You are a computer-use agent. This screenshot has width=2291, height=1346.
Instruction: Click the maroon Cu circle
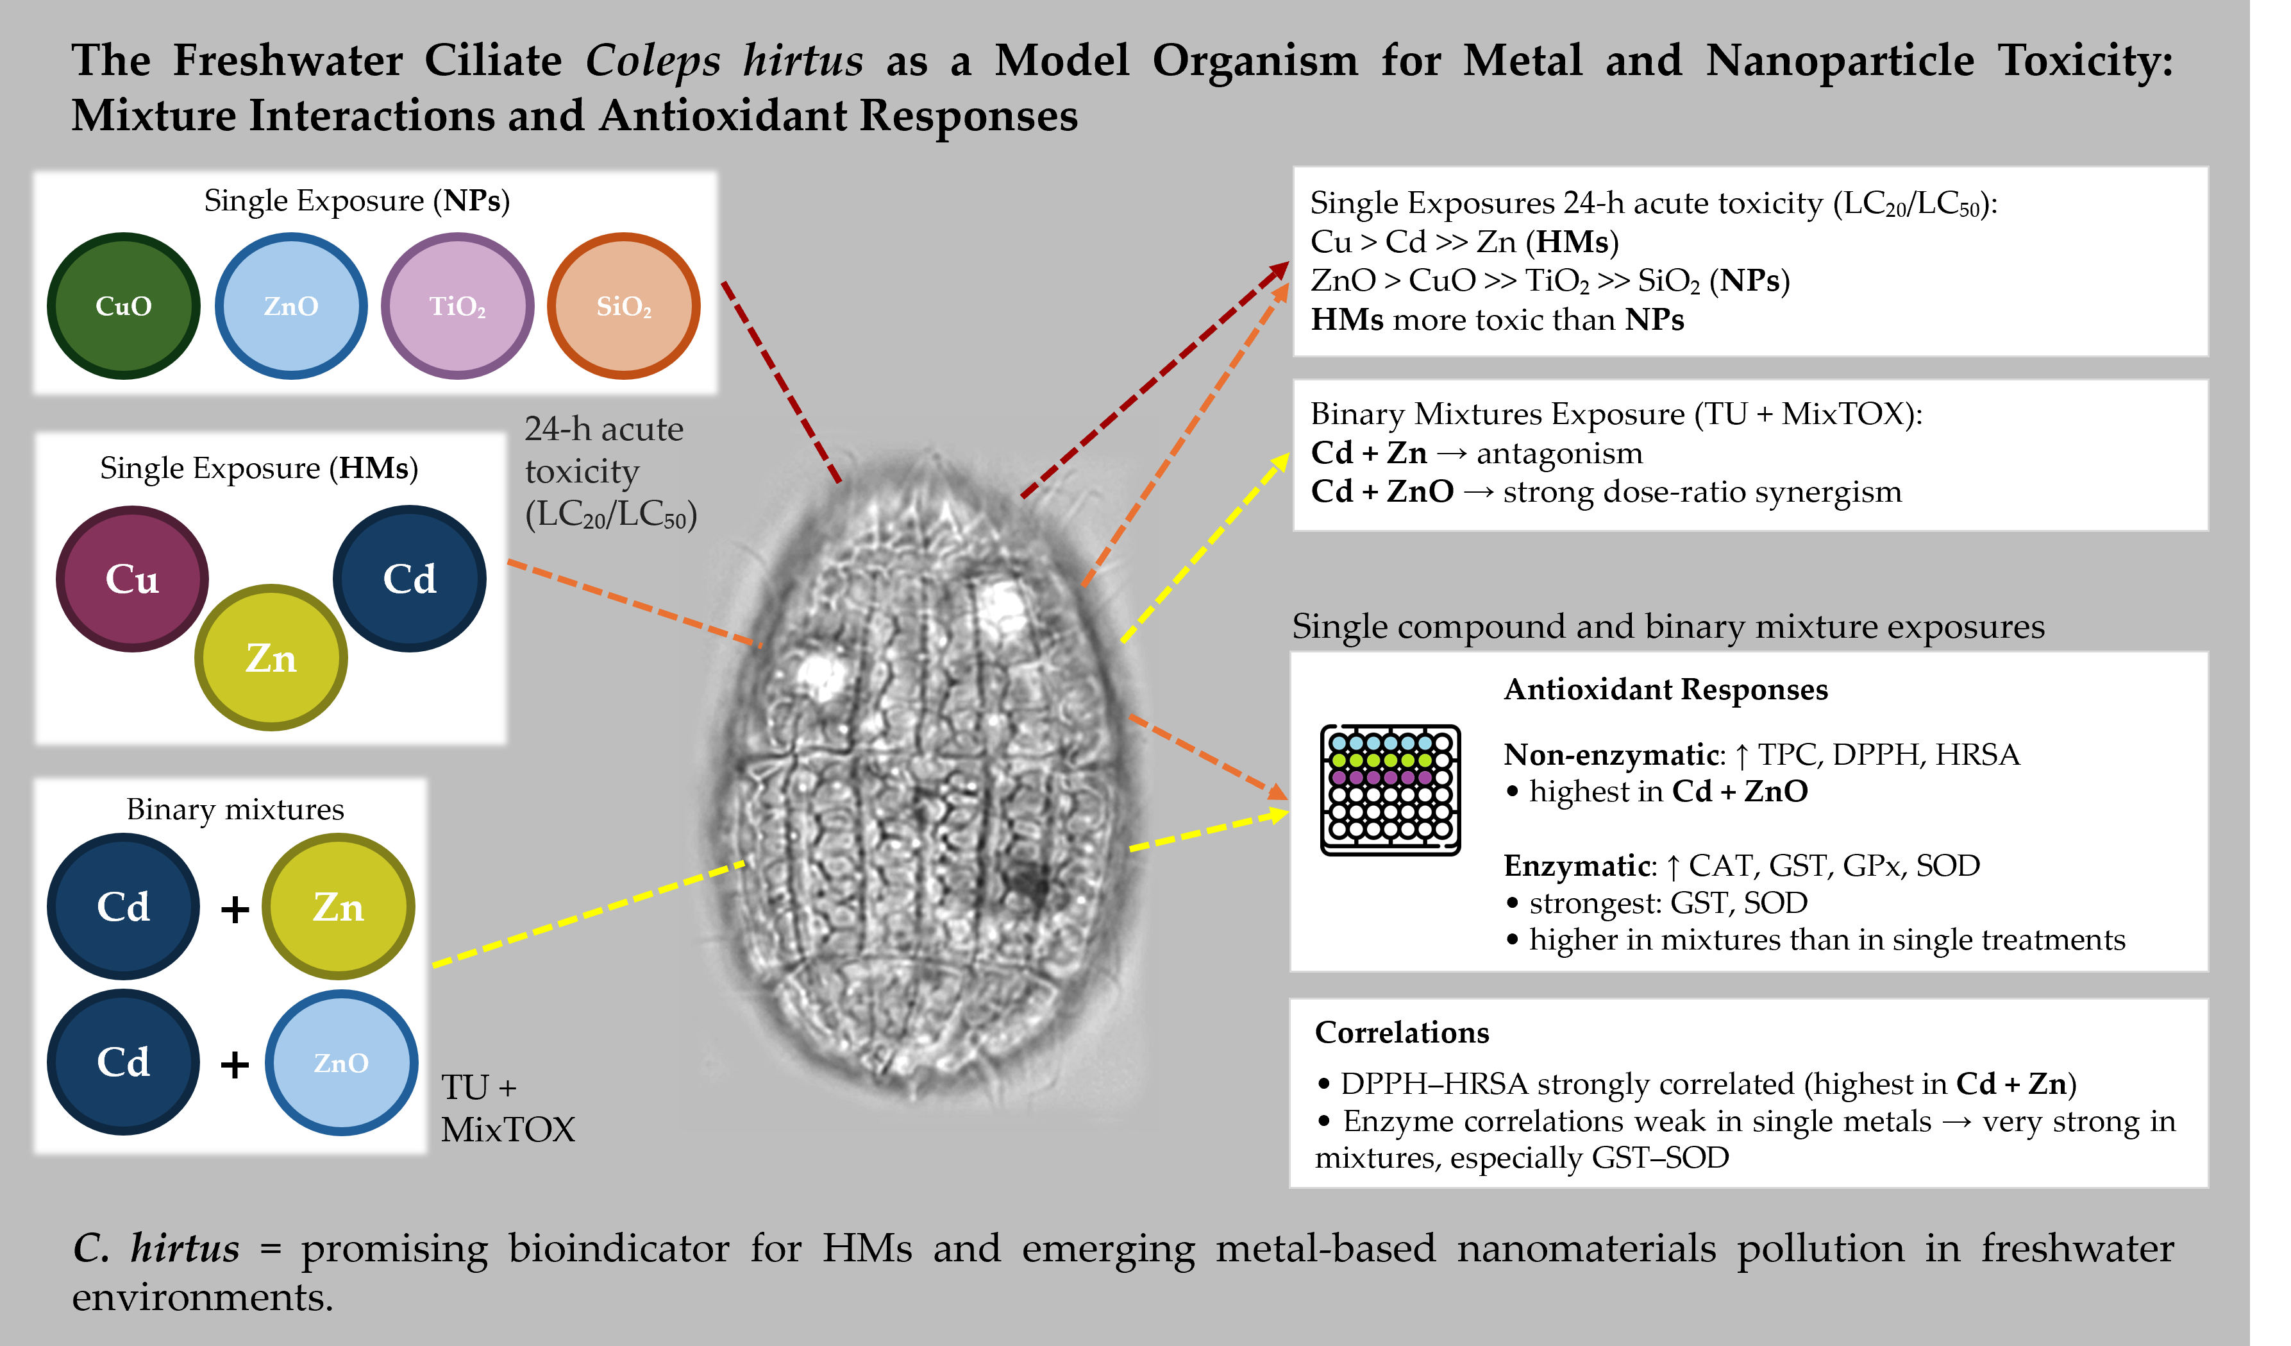133,579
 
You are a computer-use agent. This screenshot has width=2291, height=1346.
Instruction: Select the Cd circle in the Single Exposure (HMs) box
409,579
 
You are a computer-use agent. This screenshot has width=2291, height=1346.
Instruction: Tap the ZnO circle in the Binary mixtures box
341,1062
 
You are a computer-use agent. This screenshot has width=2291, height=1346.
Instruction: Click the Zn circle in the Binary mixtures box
338,907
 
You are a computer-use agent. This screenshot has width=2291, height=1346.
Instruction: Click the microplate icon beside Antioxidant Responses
1390,789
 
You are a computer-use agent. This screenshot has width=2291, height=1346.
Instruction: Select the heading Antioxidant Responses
1666,690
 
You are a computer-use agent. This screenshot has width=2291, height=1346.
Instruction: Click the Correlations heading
1402,1032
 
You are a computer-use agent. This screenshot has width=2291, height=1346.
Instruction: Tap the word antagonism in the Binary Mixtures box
1559,453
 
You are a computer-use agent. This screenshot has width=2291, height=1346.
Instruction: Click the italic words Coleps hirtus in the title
724,61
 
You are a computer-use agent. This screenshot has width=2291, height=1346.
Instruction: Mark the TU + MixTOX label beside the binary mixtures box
507,1108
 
